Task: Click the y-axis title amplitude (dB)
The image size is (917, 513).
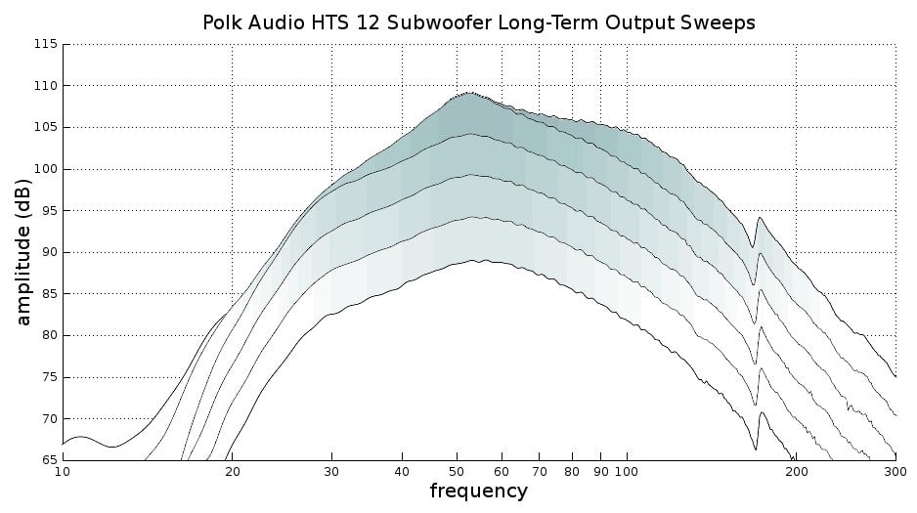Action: click(x=23, y=251)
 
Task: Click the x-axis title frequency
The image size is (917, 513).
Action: click(x=478, y=491)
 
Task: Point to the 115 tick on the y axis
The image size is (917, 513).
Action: click(x=45, y=44)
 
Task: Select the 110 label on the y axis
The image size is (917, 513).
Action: click(x=45, y=86)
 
